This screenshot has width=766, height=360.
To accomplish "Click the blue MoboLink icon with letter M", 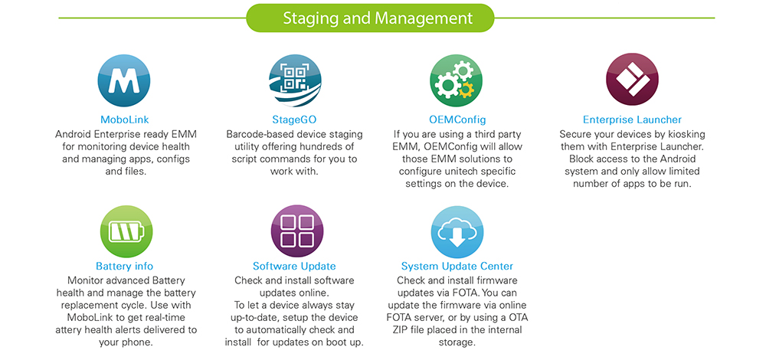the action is pos(124,80).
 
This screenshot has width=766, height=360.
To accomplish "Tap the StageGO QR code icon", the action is pos(295,80).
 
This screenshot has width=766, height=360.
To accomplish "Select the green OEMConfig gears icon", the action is pos(457,80).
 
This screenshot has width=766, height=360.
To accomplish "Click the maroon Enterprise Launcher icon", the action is pos(632,80).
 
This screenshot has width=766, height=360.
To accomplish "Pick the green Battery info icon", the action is pos(126,231).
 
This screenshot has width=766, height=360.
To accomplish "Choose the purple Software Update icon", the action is pos(297,231).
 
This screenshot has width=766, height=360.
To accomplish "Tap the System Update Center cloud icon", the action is pos(457,231).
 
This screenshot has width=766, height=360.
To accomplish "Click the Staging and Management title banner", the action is pos(370,18).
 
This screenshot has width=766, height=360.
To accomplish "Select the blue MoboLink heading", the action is pos(125,119).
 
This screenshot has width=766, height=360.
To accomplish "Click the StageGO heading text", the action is pos(295,119).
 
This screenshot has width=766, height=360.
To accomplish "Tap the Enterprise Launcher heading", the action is pos(632,119).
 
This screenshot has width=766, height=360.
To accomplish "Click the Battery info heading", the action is pos(125,267).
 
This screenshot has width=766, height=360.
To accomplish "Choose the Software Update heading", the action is pos(295,267).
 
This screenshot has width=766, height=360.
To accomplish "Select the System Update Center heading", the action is pos(457,267).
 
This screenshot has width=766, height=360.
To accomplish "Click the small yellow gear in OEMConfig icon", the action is pos(466,90).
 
